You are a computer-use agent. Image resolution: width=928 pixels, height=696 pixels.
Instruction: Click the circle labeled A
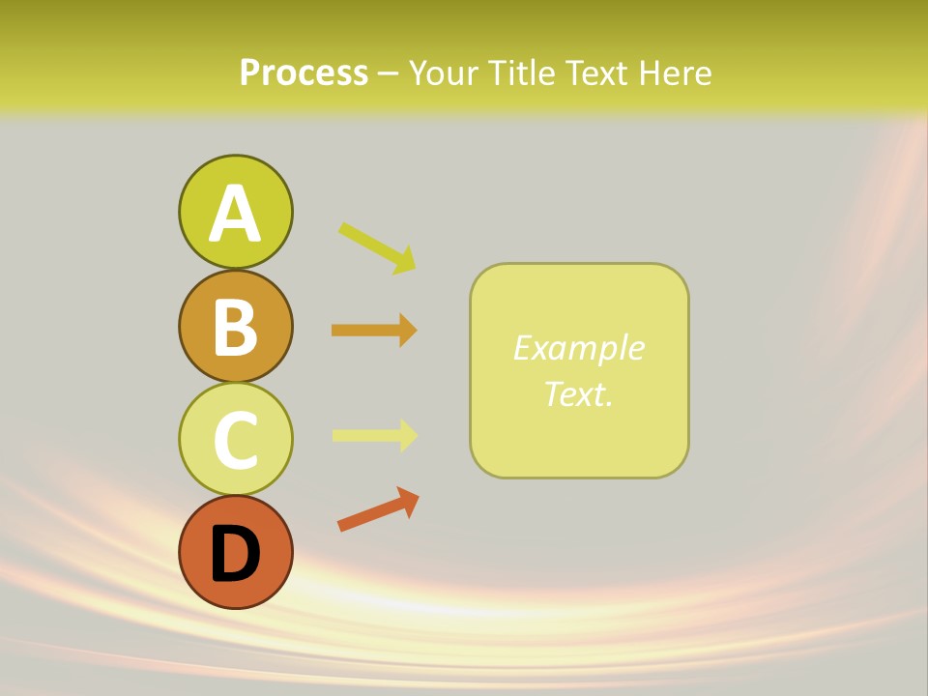click(x=235, y=212)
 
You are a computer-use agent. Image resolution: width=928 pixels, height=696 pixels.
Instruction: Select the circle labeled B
click(x=235, y=326)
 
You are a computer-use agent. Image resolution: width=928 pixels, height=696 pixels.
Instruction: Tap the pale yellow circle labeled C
click(x=235, y=439)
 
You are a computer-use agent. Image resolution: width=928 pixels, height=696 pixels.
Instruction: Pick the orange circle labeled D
click(x=235, y=552)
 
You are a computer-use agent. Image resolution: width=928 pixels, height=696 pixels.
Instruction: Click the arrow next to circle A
click(x=377, y=247)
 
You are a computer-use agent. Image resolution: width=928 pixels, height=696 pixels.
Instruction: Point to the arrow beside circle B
click(x=374, y=331)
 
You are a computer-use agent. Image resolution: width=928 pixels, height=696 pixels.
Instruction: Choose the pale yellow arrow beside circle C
click(x=374, y=435)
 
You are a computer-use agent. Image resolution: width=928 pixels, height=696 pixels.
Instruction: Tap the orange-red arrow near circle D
click(x=378, y=509)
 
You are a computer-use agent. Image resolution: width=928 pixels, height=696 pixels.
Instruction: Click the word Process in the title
click(x=304, y=73)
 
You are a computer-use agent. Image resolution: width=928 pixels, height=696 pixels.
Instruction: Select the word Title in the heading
click(x=522, y=73)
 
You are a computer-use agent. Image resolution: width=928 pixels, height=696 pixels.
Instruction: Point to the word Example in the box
click(x=578, y=348)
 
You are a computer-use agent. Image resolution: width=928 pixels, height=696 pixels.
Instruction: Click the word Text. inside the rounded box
click(x=578, y=393)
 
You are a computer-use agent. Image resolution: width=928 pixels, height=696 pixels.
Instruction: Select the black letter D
click(x=235, y=555)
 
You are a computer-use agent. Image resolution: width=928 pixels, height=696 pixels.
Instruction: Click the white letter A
click(x=235, y=215)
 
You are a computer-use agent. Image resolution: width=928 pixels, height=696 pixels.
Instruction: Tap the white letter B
click(x=235, y=327)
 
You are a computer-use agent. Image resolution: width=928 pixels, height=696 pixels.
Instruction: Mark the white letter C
click(x=235, y=441)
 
